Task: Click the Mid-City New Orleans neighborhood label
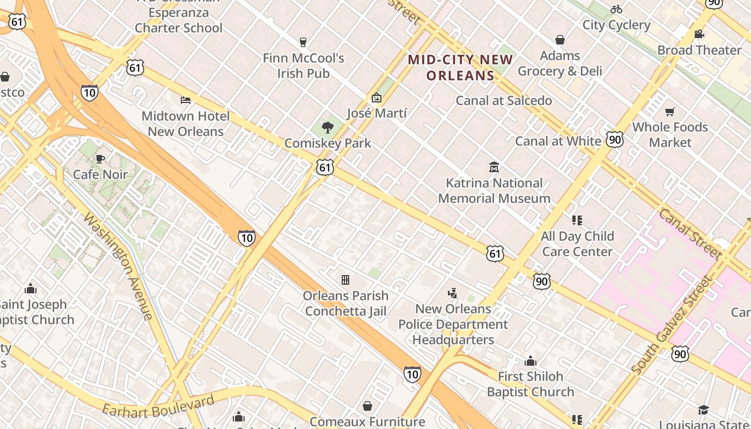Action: click(x=460, y=68)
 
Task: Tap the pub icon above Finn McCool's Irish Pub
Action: click(x=303, y=42)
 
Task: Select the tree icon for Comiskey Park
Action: click(x=327, y=128)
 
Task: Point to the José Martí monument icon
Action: click(x=376, y=98)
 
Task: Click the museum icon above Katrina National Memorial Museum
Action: click(x=494, y=167)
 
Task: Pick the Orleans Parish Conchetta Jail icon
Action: click(x=345, y=279)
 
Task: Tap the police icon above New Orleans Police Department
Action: click(x=453, y=293)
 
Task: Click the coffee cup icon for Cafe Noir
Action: click(x=100, y=159)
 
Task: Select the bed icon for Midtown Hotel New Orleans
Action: click(x=186, y=100)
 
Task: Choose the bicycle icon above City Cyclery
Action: click(x=616, y=9)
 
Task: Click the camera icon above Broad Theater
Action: click(x=699, y=34)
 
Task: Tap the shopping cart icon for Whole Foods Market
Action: click(x=669, y=112)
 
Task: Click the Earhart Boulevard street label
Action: click(x=158, y=406)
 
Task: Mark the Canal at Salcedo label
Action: click(x=504, y=100)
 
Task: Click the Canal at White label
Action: click(x=558, y=141)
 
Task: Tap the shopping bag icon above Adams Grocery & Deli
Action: click(x=560, y=40)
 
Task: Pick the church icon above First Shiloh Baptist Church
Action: click(x=531, y=360)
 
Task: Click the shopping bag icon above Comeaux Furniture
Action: click(x=367, y=406)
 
